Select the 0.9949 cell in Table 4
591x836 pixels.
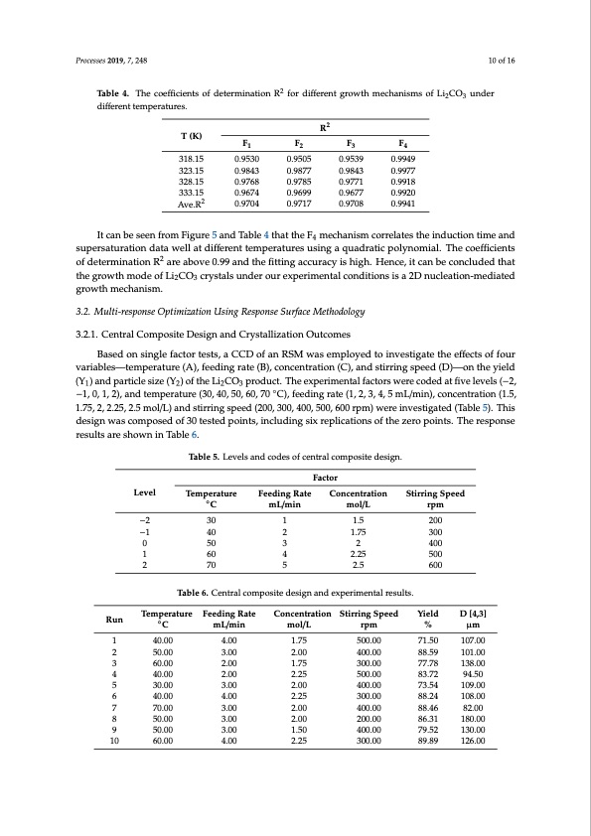click(x=403, y=157)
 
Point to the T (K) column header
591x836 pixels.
click(x=186, y=135)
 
